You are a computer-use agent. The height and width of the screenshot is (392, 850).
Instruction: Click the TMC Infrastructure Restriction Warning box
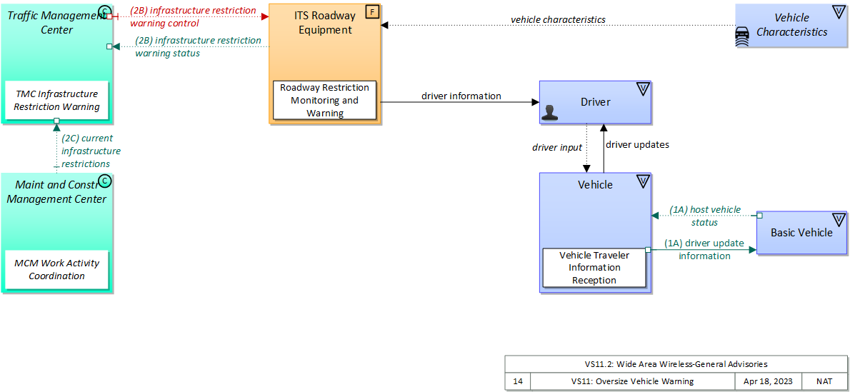tap(56, 101)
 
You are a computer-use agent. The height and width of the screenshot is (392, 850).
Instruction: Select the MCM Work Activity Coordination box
tap(56, 270)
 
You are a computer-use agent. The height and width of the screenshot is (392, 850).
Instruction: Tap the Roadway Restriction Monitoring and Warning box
tap(324, 101)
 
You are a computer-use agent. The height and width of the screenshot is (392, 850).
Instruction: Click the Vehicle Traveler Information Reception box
tap(594, 268)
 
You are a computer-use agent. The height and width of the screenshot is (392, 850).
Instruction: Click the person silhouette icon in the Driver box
tap(549, 111)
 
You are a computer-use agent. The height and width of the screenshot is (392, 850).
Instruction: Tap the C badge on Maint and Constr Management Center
tap(105, 181)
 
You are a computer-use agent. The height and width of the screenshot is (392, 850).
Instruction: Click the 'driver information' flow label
tap(461, 96)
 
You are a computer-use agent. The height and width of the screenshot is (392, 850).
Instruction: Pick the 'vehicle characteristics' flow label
tap(558, 19)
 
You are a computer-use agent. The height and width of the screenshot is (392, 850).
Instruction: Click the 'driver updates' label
tap(637, 144)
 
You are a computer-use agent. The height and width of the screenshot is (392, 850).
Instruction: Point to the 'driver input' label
tap(557, 147)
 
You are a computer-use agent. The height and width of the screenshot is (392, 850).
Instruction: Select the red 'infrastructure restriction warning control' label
tap(193, 17)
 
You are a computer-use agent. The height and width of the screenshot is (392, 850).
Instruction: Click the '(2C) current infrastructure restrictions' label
tap(90, 151)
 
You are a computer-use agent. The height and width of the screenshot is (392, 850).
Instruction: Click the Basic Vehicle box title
tap(801, 232)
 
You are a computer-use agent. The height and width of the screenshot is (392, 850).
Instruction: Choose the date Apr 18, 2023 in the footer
tap(769, 381)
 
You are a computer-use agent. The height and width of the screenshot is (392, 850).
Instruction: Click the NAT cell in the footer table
tap(824, 381)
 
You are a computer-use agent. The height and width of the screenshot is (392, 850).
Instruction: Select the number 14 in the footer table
tap(518, 381)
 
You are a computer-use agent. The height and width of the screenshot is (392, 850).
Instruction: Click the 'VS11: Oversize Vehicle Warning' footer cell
tap(632, 381)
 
